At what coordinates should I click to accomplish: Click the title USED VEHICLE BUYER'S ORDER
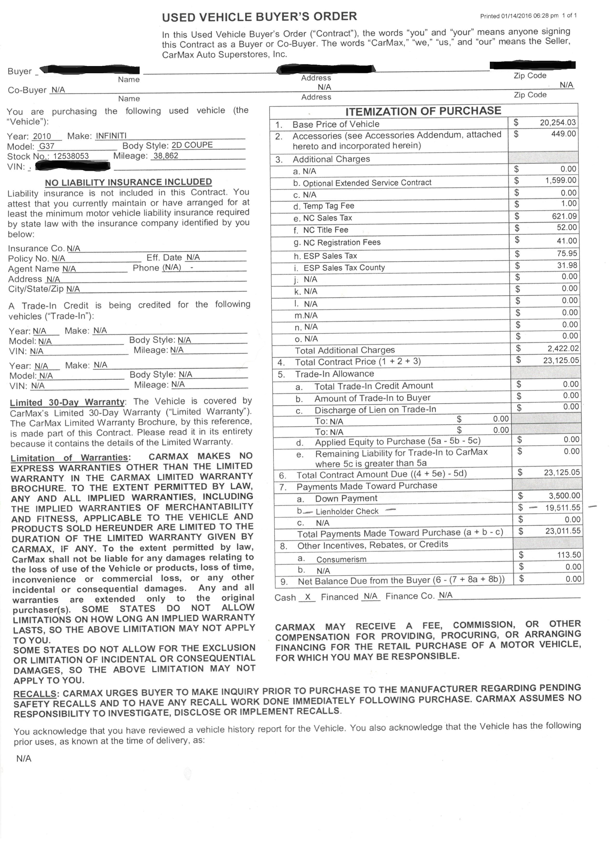click(259, 17)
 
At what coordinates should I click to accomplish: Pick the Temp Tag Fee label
click(328, 206)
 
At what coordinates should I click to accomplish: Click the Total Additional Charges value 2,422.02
click(563, 348)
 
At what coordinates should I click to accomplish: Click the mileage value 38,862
click(166, 156)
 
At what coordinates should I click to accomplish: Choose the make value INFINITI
click(111, 136)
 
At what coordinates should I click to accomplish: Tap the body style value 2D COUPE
click(192, 145)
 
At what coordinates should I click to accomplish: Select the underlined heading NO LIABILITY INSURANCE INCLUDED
click(128, 182)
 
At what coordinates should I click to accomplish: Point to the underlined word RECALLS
click(35, 694)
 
